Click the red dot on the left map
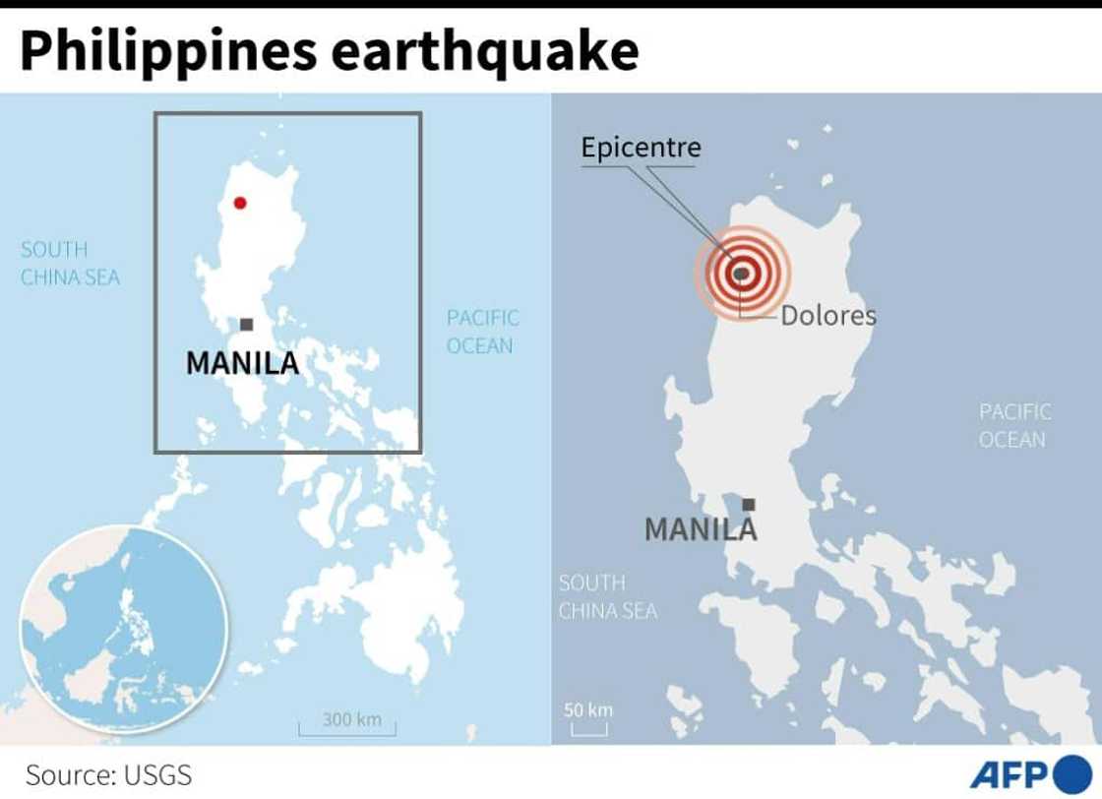[239, 204]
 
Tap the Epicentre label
[641, 149]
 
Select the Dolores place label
[828, 316]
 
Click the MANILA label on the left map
[242, 363]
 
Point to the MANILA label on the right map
[701, 529]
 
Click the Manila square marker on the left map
[246, 325]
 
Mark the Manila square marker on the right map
[749, 505]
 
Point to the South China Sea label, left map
[70, 264]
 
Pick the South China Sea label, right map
[607, 597]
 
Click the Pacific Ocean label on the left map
[482, 332]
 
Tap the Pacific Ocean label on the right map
[1014, 425]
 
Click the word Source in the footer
[68, 774]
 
